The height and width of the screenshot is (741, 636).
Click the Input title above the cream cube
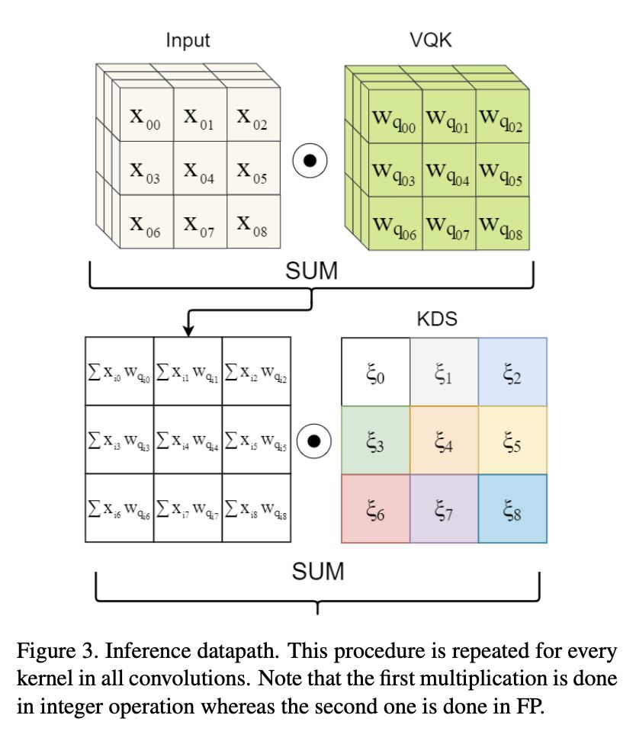[x=188, y=40]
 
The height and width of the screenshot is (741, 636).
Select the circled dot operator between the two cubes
[x=310, y=161]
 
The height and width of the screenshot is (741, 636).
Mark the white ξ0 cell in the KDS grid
[x=376, y=372]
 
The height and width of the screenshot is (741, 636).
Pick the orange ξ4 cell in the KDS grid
[x=444, y=441]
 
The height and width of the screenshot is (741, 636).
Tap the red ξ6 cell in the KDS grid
[x=376, y=508]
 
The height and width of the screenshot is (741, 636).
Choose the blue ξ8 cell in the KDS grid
[x=512, y=508]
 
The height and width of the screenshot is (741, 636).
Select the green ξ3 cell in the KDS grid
[x=376, y=441]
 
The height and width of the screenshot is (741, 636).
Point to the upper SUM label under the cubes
[x=311, y=272]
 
